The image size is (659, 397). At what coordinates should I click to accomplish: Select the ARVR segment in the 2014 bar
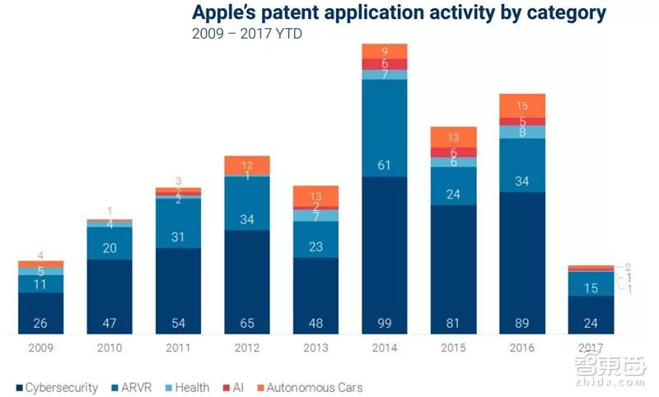(384, 128)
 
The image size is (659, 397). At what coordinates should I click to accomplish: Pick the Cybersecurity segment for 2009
(41, 313)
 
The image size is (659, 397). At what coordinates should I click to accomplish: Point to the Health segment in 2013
(315, 216)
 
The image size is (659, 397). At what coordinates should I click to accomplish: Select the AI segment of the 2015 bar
(453, 152)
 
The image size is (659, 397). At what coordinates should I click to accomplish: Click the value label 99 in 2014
(384, 322)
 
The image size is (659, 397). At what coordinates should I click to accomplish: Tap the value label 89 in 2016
(521, 322)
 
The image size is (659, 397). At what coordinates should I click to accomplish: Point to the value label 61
(384, 165)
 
